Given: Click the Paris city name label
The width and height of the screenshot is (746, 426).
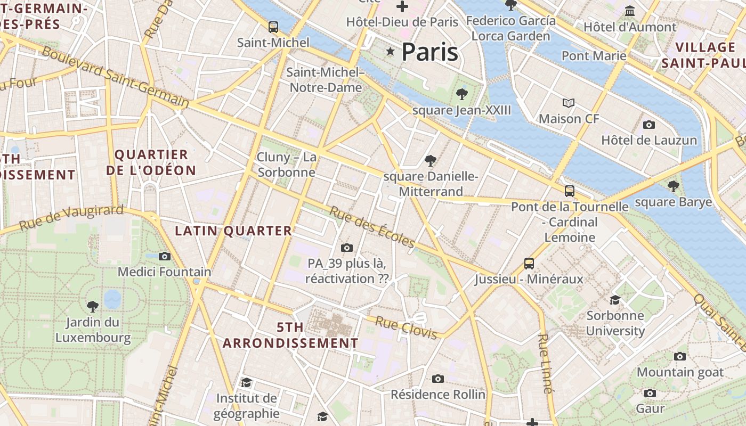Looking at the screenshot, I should click(x=429, y=52).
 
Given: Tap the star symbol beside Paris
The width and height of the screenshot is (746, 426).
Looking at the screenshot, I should click(x=391, y=51).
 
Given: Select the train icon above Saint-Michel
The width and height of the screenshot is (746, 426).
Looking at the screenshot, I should click(x=273, y=27).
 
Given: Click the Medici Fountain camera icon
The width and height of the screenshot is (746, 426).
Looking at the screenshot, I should click(x=165, y=256).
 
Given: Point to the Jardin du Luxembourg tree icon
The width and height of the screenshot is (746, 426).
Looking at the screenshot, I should click(x=93, y=306).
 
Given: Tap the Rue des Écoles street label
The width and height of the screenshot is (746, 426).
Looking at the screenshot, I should click(x=371, y=226).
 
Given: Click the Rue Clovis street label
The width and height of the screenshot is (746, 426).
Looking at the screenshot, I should click(x=406, y=327).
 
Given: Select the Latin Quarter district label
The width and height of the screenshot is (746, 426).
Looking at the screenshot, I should click(x=233, y=231).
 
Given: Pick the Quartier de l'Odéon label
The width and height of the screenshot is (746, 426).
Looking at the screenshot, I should click(x=151, y=162).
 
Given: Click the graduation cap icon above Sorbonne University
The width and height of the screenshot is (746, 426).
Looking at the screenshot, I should click(x=615, y=300).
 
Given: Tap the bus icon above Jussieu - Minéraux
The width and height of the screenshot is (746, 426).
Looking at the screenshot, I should click(x=529, y=263).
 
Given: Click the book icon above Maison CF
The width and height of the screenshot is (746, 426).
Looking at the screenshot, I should click(x=569, y=103).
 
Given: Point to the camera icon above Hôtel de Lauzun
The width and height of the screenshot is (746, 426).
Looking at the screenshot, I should click(x=648, y=125).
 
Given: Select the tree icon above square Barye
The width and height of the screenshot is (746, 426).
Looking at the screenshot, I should click(x=674, y=186).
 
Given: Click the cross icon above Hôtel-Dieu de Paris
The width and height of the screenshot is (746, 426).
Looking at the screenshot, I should click(x=402, y=6).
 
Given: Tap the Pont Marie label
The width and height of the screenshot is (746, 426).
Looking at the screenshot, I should click(x=594, y=55).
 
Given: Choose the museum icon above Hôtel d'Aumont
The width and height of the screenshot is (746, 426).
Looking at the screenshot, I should click(x=630, y=11).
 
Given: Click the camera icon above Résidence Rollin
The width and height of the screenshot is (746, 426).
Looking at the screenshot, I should click(x=438, y=379).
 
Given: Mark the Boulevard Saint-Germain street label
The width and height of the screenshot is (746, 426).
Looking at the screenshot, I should click(x=115, y=77).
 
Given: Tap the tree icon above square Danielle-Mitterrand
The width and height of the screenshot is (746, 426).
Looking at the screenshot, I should click(x=430, y=160).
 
